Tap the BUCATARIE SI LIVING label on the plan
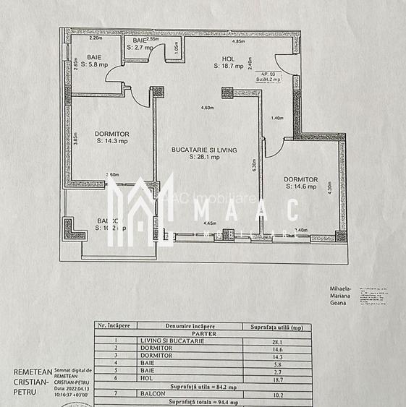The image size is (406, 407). coord(204,153)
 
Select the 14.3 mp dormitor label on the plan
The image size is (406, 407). coord(111,137)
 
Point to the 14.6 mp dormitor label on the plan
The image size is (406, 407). coord(300,183)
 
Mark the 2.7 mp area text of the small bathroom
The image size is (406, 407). coord(140,48)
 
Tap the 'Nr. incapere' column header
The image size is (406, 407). coord(113,327)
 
